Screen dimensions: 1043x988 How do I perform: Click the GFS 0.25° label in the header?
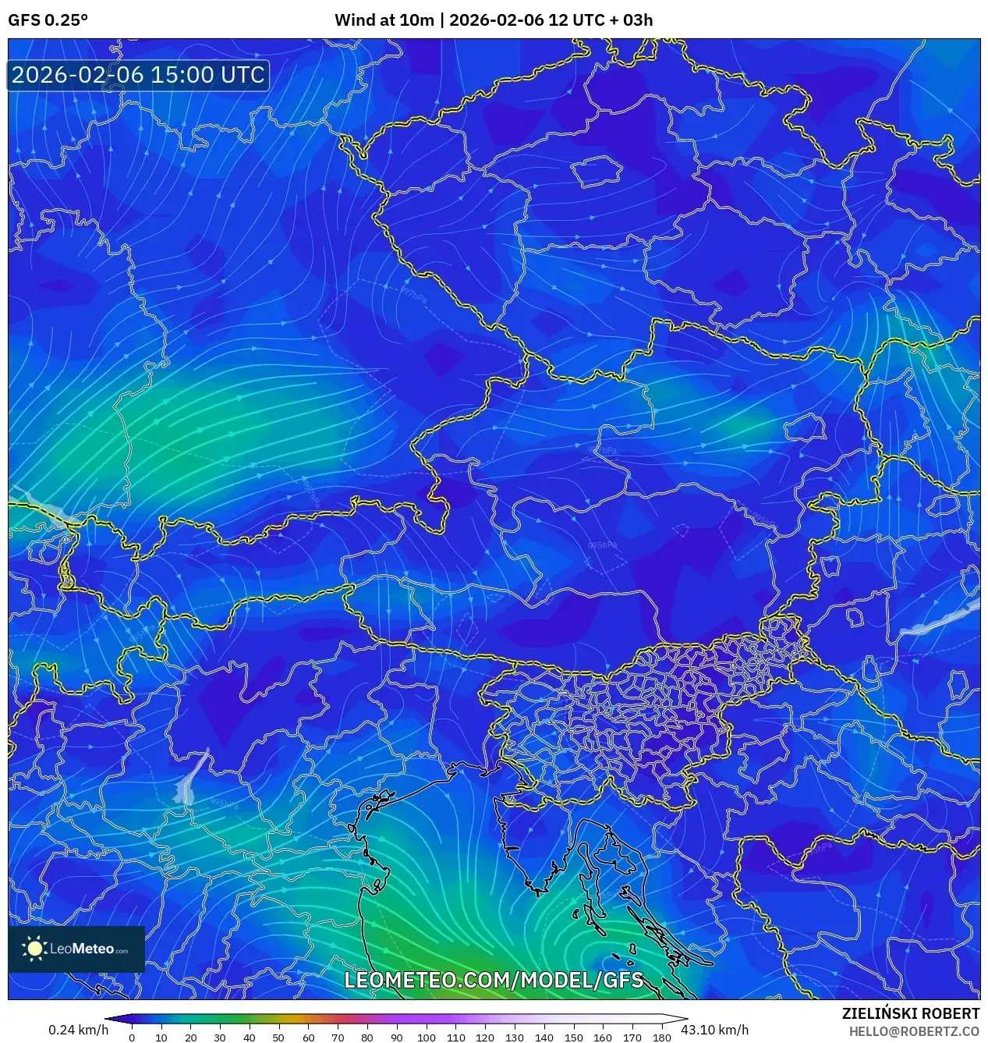pos(48,20)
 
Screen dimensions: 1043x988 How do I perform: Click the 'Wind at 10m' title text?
pos(384,20)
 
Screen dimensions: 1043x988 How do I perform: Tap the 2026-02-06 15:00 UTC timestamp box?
pos(138,75)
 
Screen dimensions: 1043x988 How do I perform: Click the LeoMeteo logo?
pos(76,949)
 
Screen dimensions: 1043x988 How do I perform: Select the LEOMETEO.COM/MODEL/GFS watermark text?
pos(494,980)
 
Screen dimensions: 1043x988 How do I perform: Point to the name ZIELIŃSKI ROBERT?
pos(910,1013)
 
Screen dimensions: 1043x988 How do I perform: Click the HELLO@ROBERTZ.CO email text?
pos(914,1031)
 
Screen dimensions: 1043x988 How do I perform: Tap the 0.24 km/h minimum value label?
pos(78,1030)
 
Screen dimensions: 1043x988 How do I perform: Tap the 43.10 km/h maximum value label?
pos(714,1030)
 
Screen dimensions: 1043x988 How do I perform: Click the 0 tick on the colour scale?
pos(132,1038)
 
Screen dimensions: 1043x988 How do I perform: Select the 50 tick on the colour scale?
pos(278,1038)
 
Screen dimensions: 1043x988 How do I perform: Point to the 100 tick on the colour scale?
pos(426,1038)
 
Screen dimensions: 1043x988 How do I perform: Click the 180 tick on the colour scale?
pos(661,1038)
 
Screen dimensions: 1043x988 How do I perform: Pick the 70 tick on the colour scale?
pos(338,1038)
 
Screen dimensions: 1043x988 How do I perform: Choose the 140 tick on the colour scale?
pos(544,1038)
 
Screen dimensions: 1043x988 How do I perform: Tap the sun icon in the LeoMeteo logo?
pos(35,949)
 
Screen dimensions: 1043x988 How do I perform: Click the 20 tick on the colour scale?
pos(190,1038)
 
